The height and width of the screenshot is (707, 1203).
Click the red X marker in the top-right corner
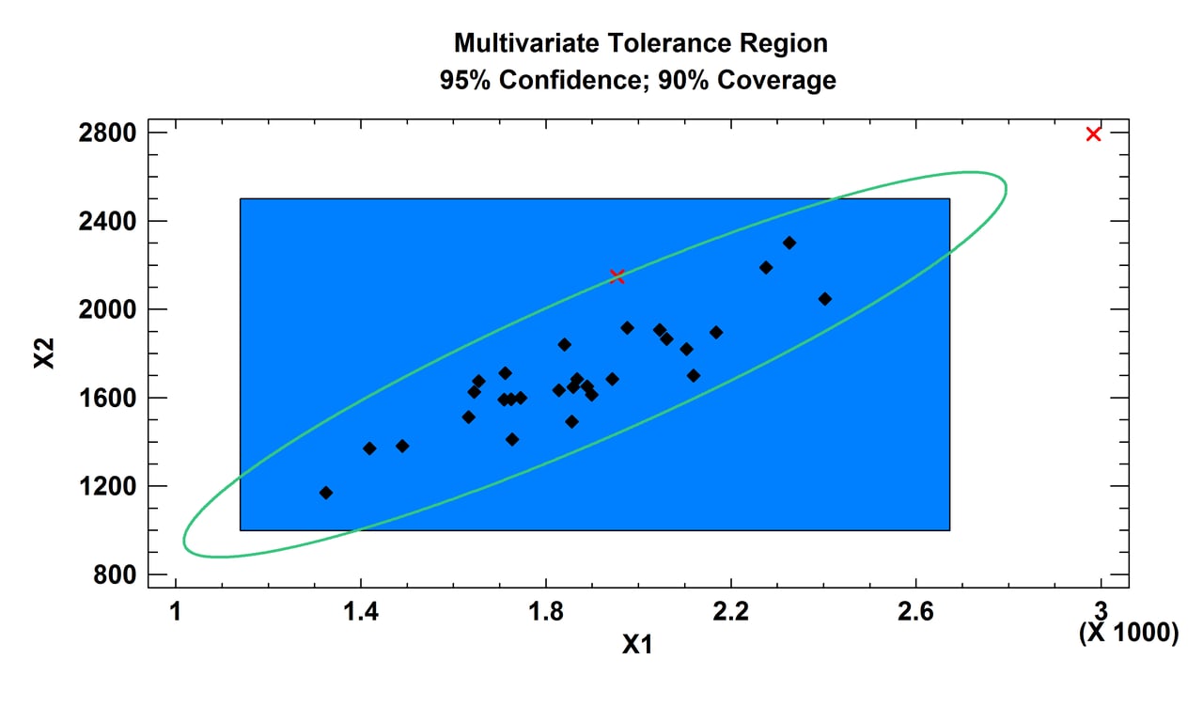point(1093,134)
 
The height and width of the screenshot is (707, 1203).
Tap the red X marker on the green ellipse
point(617,275)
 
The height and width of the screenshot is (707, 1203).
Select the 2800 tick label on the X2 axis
point(109,133)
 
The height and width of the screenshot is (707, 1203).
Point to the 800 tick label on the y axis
point(117,574)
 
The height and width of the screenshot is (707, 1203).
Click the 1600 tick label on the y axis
point(109,398)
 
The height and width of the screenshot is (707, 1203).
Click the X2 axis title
point(45,353)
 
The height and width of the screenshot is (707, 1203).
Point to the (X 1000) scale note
point(1128,633)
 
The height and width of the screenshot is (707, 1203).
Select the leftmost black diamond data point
point(326,493)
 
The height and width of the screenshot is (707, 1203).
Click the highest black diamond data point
point(789,243)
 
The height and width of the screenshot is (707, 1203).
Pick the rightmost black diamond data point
point(824,299)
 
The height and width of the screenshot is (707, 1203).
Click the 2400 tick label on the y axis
point(109,221)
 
